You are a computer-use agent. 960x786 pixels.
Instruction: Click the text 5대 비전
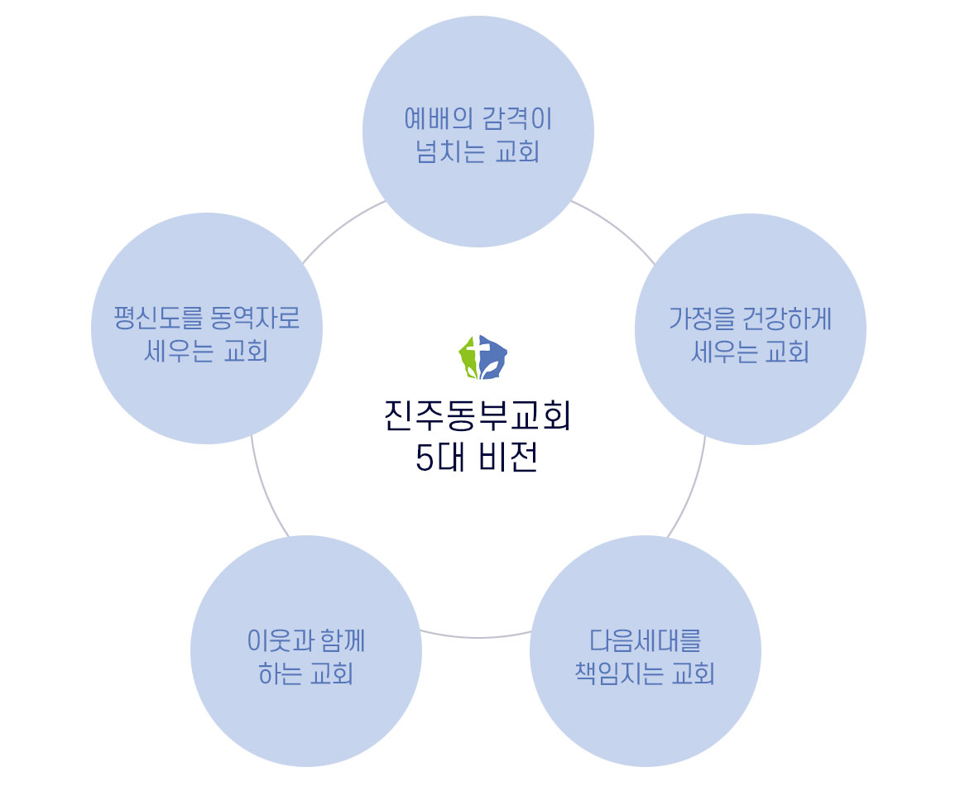[478, 458]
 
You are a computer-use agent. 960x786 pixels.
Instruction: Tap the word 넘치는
[449, 153]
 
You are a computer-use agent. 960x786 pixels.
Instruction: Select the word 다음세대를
[645, 640]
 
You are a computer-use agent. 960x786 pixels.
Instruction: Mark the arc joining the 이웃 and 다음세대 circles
[478, 638]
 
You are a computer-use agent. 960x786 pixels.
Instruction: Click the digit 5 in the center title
[425, 458]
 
